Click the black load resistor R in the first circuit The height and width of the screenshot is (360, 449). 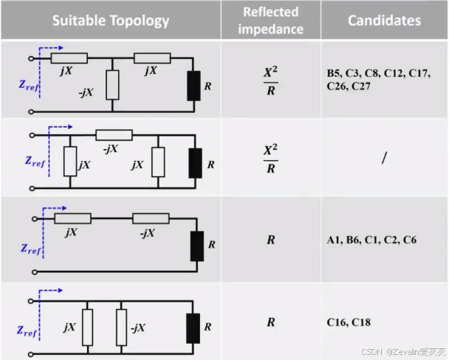pos(195,86)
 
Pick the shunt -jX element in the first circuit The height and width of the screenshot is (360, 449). pos(112,85)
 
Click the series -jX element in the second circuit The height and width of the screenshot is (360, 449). pos(114,135)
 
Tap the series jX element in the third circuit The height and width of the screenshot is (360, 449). pos(73,218)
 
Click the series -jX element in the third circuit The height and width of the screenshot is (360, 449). pos(150,218)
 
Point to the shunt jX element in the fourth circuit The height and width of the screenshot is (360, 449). pos(88,325)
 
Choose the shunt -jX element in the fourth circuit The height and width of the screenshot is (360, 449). pos(121,325)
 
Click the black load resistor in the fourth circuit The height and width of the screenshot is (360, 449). pos(195,325)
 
